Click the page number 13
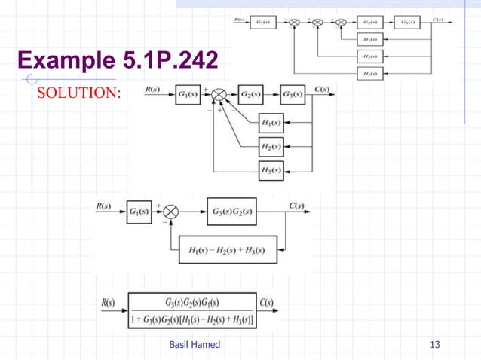coord(434,345)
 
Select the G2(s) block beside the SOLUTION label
coord(251,96)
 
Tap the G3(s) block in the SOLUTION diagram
coord(293,96)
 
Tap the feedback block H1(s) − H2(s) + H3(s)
coord(227,249)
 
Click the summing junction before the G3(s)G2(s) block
coord(171,212)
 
